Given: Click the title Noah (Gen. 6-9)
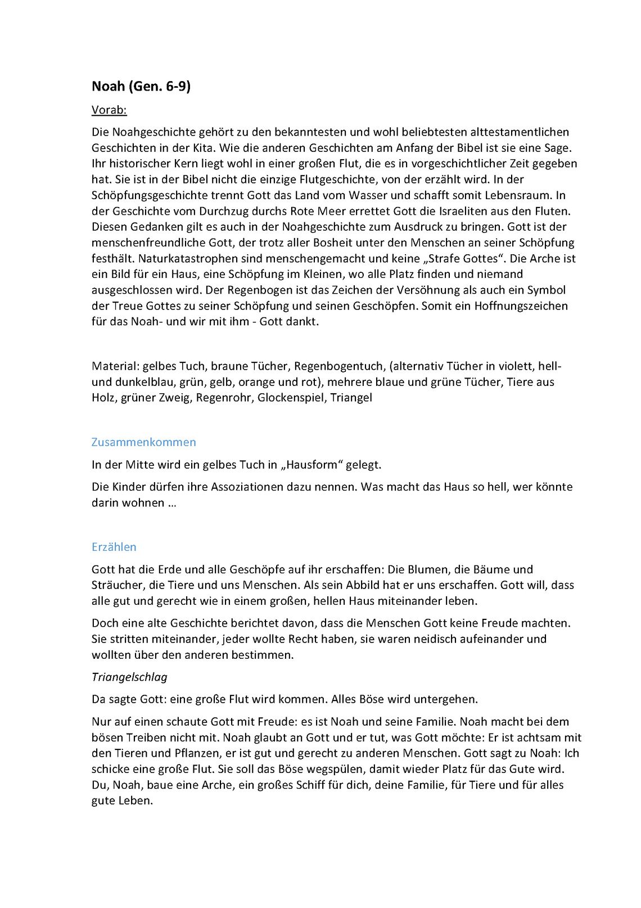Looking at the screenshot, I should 141,86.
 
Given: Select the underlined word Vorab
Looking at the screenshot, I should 109,110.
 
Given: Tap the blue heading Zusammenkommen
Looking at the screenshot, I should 143,442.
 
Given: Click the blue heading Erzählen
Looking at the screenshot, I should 114,547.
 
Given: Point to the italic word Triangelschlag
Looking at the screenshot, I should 129,677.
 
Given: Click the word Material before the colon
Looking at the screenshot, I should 114,366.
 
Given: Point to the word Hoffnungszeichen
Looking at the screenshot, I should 521,306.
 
